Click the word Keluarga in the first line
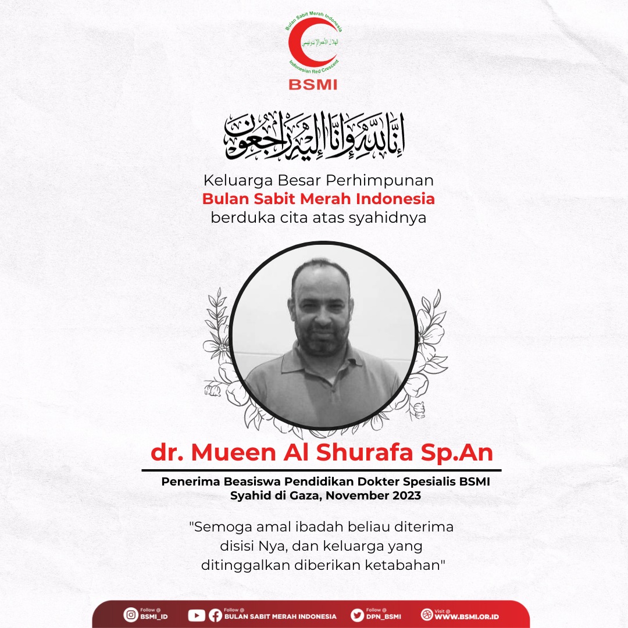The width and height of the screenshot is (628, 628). click(x=229, y=180)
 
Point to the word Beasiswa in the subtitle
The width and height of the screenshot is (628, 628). click(x=242, y=482)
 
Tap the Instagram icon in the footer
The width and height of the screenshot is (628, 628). click(x=130, y=615)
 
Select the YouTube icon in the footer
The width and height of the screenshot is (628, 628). click(x=197, y=615)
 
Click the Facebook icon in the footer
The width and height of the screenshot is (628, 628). click(x=215, y=615)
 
